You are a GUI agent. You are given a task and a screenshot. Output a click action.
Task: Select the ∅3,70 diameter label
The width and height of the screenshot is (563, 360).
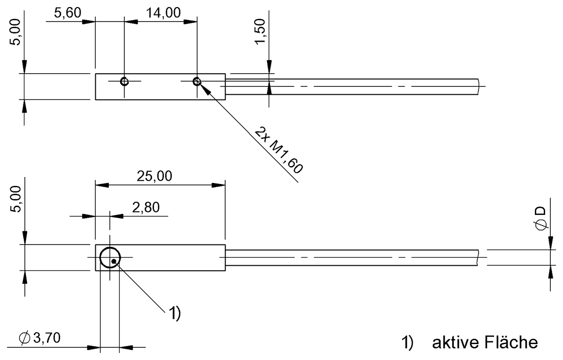pyautogui.click(x=40, y=337)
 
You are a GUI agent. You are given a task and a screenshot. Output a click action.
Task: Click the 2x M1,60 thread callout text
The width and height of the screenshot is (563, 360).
pyautogui.click(x=279, y=151)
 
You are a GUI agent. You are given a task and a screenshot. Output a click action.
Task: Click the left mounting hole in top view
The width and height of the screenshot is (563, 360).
pyautogui.click(x=124, y=81)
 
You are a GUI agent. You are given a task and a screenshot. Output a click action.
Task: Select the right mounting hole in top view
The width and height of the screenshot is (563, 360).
pyautogui.click(x=197, y=81)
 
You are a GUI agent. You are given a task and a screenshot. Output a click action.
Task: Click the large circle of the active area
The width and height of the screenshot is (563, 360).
pyautogui.click(x=110, y=257)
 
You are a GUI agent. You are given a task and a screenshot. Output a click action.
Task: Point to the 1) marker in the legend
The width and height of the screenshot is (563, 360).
pyautogui.click(x=407, y=343)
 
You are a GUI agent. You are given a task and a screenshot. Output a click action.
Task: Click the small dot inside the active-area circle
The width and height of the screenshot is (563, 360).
pyautogui.click(x=113, y=261)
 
